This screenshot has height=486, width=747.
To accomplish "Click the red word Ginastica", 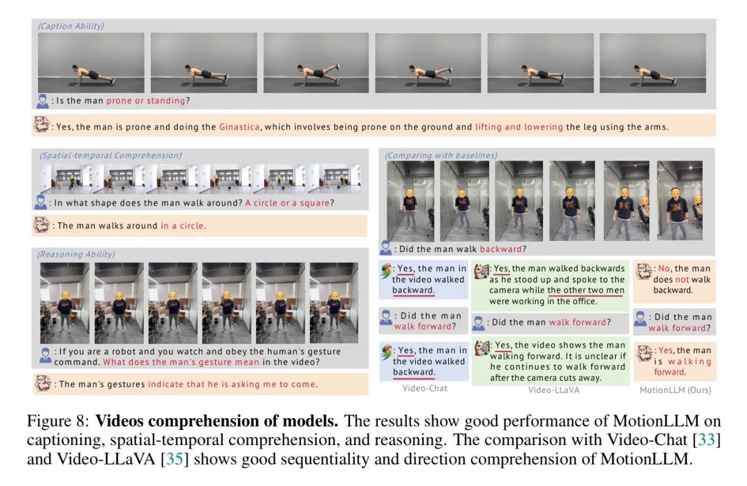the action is pyautogui.click(x=239, y=127).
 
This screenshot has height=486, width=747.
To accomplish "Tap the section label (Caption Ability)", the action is pyautogui.click(x=71, y=26).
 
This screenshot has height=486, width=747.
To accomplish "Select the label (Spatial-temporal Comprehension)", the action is pyautogui.click(x=111, y=156).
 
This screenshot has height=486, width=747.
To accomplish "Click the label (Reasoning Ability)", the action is pyautogui.click(x=76, y=254).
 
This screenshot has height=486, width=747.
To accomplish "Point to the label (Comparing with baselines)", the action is pyautogui.click(x=441, y=156).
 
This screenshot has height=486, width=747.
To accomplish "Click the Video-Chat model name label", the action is pyautogui.click(x=425, y=388).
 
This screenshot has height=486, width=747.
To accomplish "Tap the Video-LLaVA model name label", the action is pyautogui.click(x=553, y=390).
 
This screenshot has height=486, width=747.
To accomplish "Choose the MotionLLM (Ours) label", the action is pyautogui.click(x=676, y=390).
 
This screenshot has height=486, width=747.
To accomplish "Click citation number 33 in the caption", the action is pyautogui.click(x=706, y=439).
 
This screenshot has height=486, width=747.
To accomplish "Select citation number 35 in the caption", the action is pyautogui.click(x=174, y=459).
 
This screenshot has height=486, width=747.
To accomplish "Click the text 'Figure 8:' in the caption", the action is pyautogui.click(x=57, y=421).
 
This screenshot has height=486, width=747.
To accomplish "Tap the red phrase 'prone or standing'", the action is pyautogui.click(x=145, y=100).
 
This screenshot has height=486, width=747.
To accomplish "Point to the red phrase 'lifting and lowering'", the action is pyautogui.click(x=519, y=127).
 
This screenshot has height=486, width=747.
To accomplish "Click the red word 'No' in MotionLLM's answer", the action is pyautogui.click(x=664, y=269).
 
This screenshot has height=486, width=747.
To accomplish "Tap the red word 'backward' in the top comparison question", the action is pyautogui.click(x=501, y=249).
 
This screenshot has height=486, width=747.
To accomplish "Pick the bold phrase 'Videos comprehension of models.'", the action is pyautogui.click(x=216, y=421).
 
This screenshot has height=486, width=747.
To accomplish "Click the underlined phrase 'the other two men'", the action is pyautogui.click(x=586, y=291).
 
